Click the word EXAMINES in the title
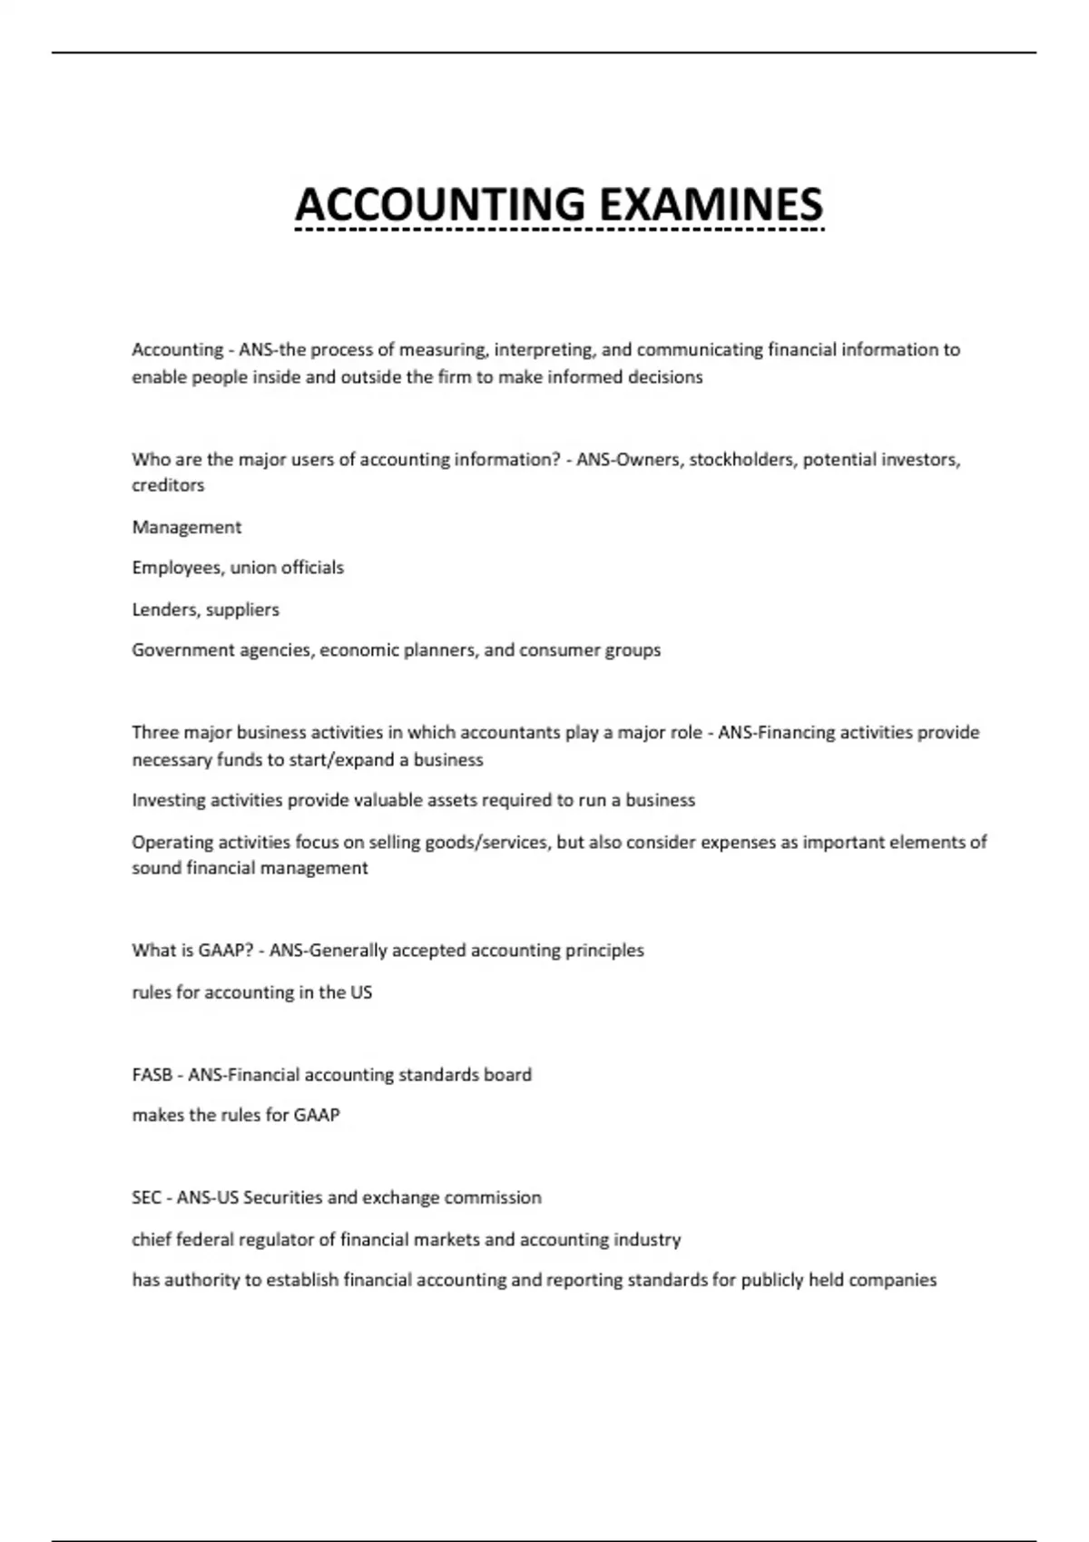click(711, 204)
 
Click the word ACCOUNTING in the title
click(440, 204)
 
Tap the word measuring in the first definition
click(444, 349)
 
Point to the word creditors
click(168, 485)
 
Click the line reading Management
click(187, 527)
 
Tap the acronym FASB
click(152, 1075)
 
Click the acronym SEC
click(146, 1197)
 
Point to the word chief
click(152, 1239)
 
